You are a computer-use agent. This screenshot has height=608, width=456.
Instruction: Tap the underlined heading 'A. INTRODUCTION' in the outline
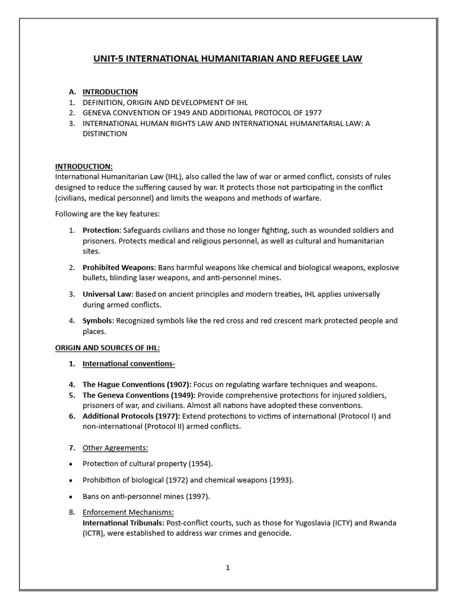110,92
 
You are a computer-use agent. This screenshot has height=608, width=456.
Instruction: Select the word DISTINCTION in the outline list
104,134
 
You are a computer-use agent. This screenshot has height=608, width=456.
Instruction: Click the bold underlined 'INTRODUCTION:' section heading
84,167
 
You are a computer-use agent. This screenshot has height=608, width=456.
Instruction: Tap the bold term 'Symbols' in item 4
97,321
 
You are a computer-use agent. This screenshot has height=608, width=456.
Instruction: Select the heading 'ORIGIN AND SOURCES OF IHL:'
107,347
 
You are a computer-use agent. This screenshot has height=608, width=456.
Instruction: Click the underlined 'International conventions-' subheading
128,363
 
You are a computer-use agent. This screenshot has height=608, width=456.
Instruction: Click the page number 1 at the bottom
227,568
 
